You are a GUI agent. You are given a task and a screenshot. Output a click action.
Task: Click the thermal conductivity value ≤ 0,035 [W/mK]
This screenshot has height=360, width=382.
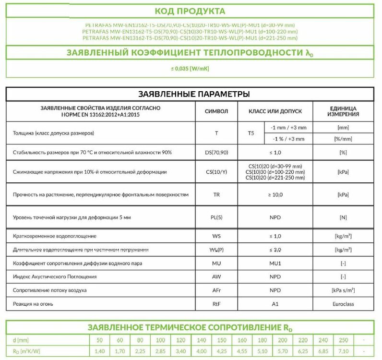point(190,69)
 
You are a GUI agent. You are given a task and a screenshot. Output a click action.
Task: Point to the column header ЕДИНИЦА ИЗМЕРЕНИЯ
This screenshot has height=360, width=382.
point(343,111)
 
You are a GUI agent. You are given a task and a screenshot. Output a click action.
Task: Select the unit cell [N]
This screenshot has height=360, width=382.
point(343,218)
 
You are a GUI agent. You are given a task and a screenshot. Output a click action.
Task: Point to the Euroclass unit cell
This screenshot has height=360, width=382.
point(343,304)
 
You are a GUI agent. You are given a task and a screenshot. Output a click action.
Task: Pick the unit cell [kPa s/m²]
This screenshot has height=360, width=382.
point(343,291)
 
